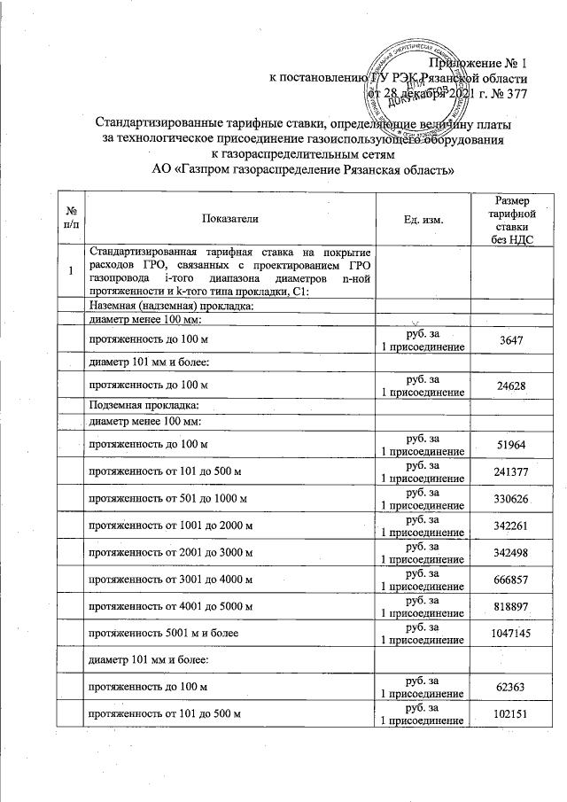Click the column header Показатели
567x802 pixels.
tap(231, 217)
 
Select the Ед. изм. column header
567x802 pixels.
tap(423, 217)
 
